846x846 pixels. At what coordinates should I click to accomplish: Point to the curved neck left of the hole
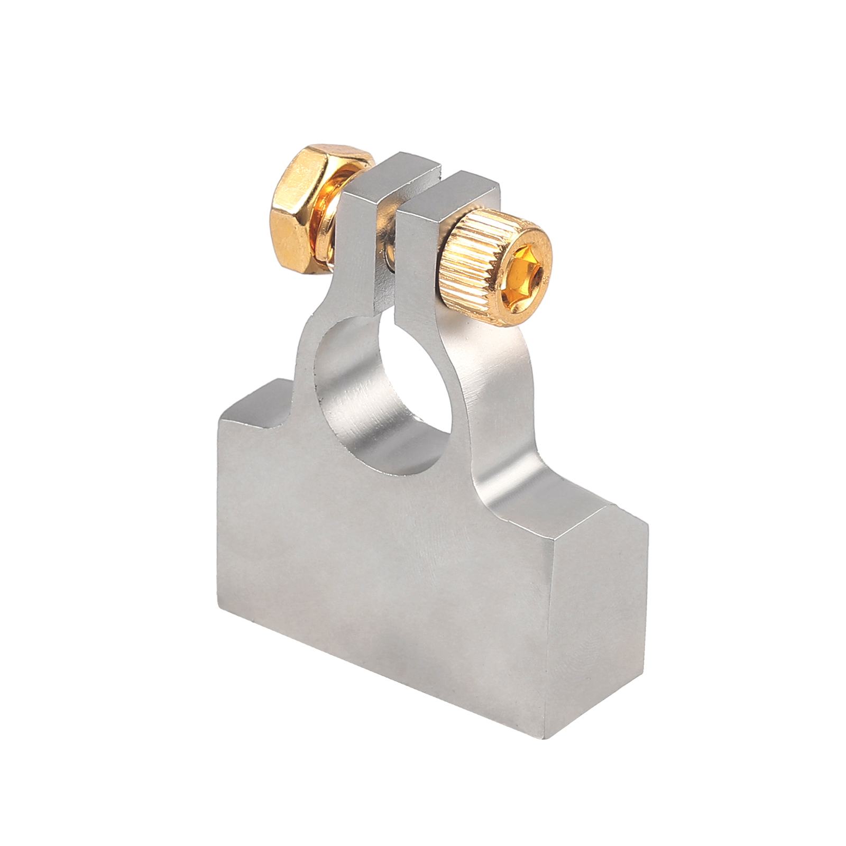point(307,370)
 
